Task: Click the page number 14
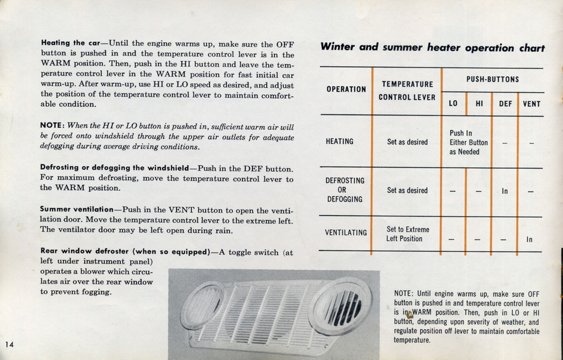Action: [9, 345]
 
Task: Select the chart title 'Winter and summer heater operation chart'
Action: [432, 48]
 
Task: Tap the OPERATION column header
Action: [346, 89]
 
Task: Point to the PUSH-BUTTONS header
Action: [493, 80]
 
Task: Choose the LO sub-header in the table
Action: [453, 104]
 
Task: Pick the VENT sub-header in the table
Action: [531, 104]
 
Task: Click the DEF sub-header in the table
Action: [505, 104]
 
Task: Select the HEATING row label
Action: [339, 142]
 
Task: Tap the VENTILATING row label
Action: [346, 232]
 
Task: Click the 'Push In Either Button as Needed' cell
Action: [468, 142]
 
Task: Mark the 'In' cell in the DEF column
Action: [505, 191]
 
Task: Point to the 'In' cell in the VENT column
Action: [529, 240]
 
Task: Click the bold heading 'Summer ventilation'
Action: [76, 209]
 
